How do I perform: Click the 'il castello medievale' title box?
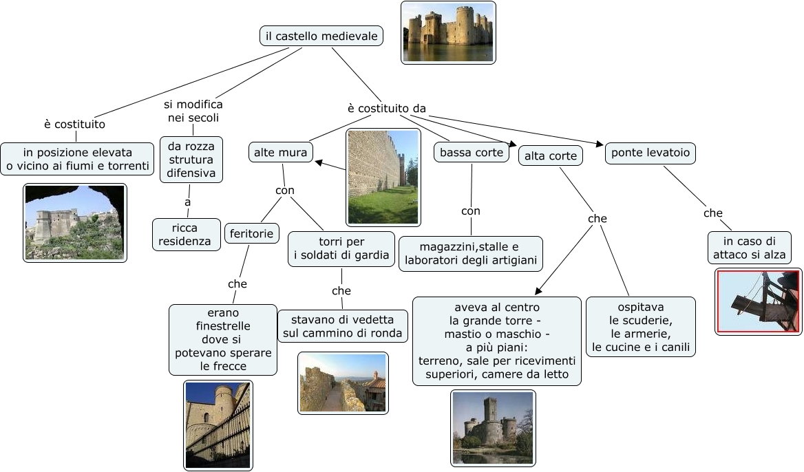(321, 36)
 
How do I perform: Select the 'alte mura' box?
(280, 152)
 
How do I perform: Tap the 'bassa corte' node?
(472, 152)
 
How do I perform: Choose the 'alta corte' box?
(551, 155)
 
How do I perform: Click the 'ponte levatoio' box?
(650, 153)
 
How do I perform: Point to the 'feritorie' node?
(252, 234)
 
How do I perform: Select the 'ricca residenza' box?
(187, 235)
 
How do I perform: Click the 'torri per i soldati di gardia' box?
(341, 248)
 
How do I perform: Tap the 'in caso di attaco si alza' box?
(750, 248)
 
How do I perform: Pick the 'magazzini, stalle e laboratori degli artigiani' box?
(471, 254)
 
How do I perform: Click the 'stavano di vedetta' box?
(343, 326)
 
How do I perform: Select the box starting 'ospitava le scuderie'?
(641, 326)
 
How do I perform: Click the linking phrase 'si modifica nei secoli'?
(193, 111)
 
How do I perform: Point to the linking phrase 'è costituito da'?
(387, 109)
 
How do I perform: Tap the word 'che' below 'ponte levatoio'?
(712, 213)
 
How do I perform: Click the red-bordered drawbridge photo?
(759, 302)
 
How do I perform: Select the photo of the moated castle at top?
(448, 33)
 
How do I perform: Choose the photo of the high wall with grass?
(383, 178)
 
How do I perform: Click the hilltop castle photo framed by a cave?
(75, 223)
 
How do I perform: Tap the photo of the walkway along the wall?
(343, 383)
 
